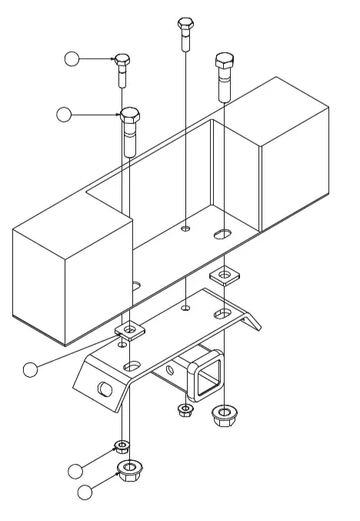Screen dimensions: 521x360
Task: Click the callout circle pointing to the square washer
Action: click(30, 370)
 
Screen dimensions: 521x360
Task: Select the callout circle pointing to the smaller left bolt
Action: click(72, 58)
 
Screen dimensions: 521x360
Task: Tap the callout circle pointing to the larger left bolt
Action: click(65, 115)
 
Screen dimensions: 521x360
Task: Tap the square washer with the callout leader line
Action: click(129, 331)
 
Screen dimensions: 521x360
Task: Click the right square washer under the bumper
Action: click(223, 274)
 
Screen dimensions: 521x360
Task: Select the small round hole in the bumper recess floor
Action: click(185, 229)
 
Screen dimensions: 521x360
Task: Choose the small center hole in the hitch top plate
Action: click(185, 309)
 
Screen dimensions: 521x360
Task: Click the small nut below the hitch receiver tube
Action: click(185, 409)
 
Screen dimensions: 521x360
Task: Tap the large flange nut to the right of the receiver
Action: click(223, 416)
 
